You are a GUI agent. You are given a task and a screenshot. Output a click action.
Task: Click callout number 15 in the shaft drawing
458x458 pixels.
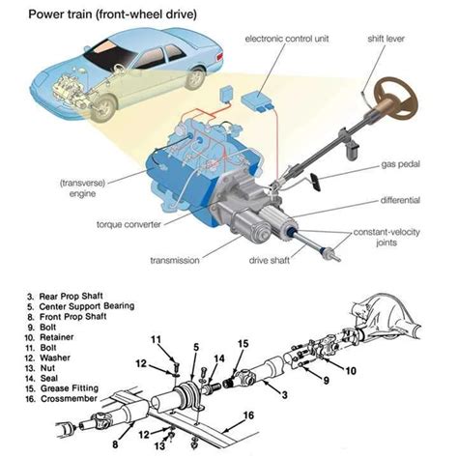[x=243, y=344]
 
